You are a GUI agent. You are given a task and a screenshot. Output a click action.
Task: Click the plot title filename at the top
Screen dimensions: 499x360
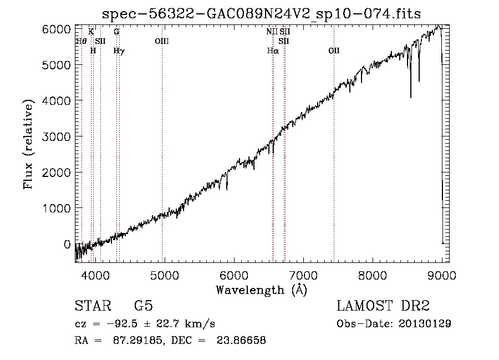(x=261, y=14)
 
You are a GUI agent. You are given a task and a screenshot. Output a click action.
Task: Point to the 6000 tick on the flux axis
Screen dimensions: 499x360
(x=56, y=29)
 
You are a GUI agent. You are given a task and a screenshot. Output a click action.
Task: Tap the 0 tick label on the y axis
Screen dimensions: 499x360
(x=67, y=245)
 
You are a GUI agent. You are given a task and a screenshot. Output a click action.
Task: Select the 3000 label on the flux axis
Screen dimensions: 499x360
(x=56, y=137)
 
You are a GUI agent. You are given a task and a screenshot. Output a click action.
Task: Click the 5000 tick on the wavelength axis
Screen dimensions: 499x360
(x=165, y=275)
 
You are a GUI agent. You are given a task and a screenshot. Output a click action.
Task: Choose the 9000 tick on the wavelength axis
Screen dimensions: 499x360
(x=442, y=275)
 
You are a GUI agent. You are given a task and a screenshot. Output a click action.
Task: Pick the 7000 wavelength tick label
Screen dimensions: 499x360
(x=303, y=275)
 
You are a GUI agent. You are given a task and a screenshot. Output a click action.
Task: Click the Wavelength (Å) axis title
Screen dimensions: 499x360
(x=262, y=290)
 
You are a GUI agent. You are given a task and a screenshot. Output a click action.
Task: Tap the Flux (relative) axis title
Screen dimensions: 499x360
(x=28, y=145)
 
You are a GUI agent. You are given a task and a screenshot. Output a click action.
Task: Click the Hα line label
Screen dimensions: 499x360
(x=273, y=50)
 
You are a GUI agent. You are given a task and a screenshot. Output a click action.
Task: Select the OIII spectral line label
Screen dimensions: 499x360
(x=162, y=41)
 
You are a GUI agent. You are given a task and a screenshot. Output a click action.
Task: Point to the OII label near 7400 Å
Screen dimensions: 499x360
(x=334, y=50)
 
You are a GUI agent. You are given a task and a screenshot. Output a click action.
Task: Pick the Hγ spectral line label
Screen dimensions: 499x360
(x=119, y=51)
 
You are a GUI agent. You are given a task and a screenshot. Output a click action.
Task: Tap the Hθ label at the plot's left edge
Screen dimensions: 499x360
(x=81, y=41)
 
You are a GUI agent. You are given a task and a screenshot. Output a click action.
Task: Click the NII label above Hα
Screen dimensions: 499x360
(x=272, y=32)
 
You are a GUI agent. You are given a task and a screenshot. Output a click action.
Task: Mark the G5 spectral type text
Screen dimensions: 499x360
(x=144, y=306)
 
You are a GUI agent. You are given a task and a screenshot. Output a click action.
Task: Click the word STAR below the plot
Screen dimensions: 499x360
(x=93, y=306)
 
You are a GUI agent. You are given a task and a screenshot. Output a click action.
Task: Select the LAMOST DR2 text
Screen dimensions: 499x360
(x=383, y=306)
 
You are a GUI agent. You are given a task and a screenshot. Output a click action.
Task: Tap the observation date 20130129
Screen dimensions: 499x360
(x=425, y=324)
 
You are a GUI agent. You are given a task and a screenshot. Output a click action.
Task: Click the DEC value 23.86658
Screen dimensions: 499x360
(x=241, y=340)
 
